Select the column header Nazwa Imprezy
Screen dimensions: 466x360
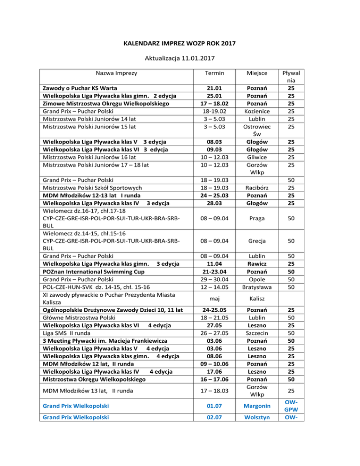(x=115, y=74)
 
